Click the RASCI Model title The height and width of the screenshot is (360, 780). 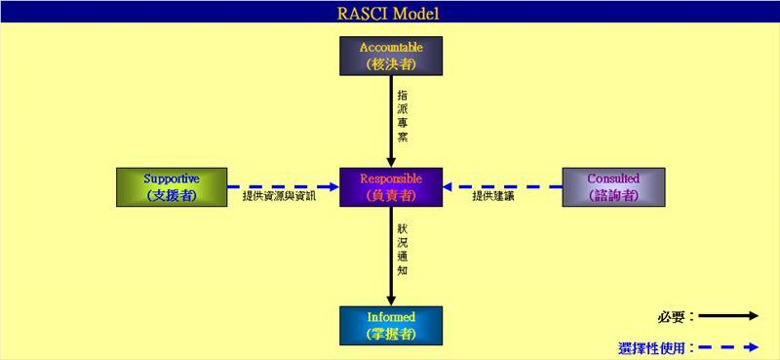tap(391, 13)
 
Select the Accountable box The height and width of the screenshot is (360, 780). tap(391, 56)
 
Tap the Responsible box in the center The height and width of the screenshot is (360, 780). tap(391, 186)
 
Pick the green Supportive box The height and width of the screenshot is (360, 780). tap(172, 186)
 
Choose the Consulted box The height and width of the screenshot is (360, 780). tap(613, 186)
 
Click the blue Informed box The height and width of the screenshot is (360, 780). tap(391, 325)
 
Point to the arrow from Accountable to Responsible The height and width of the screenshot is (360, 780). tap(391, 122)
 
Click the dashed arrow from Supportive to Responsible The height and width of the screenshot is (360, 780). tap(283, 186)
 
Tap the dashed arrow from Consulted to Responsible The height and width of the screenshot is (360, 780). tap(501, 186)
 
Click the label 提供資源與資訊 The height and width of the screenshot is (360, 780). tap(279, 197)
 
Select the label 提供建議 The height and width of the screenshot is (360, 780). tap(493, 197)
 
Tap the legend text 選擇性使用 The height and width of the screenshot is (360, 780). tap(656, 346)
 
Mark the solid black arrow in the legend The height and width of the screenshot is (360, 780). tap(728, 316)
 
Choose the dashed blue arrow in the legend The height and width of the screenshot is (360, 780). tap(728, 346)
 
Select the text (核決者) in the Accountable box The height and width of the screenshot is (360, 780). tap(391, 64)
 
